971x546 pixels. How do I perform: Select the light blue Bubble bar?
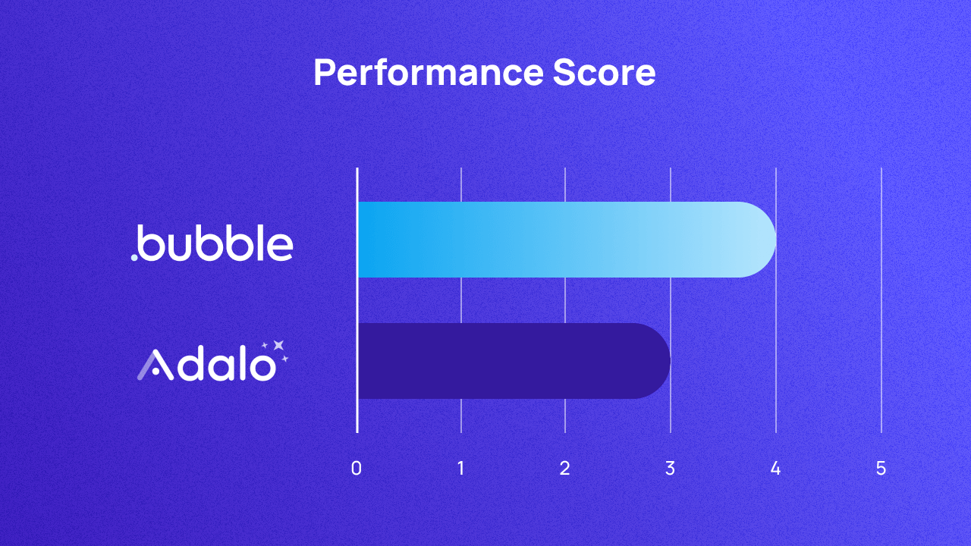point(561,240)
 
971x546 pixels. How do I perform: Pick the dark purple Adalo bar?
point(508,361)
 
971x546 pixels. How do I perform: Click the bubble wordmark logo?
point(213,242)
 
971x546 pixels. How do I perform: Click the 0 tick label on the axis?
point(357,469)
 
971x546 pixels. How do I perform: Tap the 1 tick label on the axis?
point(461,469)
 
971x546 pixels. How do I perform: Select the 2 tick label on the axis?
point(565,469)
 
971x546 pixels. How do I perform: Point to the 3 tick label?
point(670,469)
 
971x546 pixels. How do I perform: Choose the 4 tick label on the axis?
point(775,469)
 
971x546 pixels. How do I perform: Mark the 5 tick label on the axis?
point(881,469)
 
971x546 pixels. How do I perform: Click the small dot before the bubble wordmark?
point(134,258)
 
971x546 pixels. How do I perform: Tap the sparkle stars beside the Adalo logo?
point(277,349)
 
